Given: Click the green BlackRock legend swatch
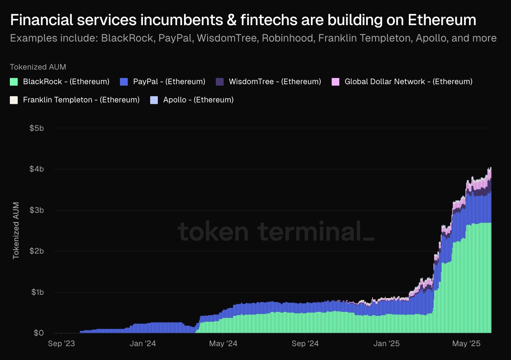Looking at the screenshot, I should [x=14, y=82].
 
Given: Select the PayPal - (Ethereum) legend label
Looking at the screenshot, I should [x=169, y=82].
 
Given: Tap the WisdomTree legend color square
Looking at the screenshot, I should [x=220, y=82].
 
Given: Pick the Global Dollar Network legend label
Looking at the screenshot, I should [x=408, y=82].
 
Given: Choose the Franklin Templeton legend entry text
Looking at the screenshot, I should [x=81, y=100].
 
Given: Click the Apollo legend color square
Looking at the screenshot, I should [x=154, y=100].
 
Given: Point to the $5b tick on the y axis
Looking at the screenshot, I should [x=37, y=128].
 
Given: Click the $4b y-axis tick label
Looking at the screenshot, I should [x=37, y=169].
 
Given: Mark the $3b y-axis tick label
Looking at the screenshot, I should [x=37, y=210].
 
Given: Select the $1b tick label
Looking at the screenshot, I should [x=38, y=292].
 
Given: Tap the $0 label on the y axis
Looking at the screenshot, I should [x=39, y=333].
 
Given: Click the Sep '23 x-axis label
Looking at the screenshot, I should [x=62, y=344].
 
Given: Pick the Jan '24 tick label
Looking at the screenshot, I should [x=143, y=344].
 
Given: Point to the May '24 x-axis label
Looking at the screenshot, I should [x=223, y=344].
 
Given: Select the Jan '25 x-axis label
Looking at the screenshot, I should [x=386, y=344].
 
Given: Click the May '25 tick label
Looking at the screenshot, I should [x=467, y=344].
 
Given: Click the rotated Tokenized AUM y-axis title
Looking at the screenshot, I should [x=16, y=231].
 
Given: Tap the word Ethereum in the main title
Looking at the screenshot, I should [x=442, y=20].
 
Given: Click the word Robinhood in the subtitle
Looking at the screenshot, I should [x=288, y=38].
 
